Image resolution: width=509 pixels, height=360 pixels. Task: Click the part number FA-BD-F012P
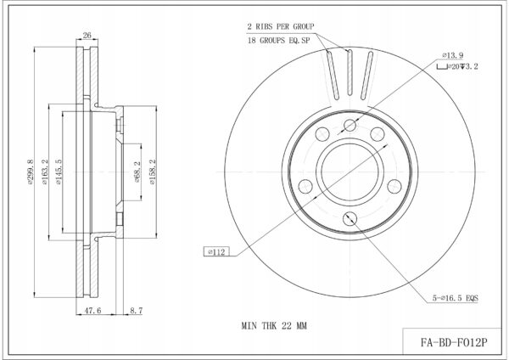(x=454, y=342)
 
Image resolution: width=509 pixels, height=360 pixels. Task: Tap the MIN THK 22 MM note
(x=274, y=325)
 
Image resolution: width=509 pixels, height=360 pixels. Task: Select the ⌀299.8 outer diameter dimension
(x=31, y=172)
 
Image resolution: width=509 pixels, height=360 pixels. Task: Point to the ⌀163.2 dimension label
(x=44, y=172)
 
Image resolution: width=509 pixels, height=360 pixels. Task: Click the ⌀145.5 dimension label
(x=58, y=172)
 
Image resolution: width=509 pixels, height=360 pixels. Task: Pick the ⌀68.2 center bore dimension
(x=137, y=172)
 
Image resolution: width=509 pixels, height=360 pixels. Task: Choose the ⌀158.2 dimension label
(x=153, y=172)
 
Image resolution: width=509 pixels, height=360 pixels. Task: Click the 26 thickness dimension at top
(x=87, y=35)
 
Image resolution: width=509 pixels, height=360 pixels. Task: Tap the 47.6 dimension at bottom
(x=92, y=311)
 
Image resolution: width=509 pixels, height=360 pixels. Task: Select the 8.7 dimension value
(x=137, y=311)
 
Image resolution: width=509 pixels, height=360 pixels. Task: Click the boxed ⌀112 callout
(x=216, y=252)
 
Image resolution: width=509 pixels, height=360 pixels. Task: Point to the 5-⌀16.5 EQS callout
(x=455, y=298)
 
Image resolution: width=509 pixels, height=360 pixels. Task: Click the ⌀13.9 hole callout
(x=452, y=55)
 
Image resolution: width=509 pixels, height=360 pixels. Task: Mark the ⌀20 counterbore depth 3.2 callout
(x=457, y=66)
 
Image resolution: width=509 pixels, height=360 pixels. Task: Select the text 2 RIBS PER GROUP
(x=281, y=26)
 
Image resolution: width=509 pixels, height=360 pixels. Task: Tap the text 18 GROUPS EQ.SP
(x=279, y=41)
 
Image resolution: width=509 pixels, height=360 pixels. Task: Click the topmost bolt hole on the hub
(x=350, y=126)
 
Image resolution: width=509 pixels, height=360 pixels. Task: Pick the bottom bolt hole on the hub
(x=350, y=218)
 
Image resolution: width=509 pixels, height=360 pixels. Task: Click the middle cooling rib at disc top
(x=350, y=72)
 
